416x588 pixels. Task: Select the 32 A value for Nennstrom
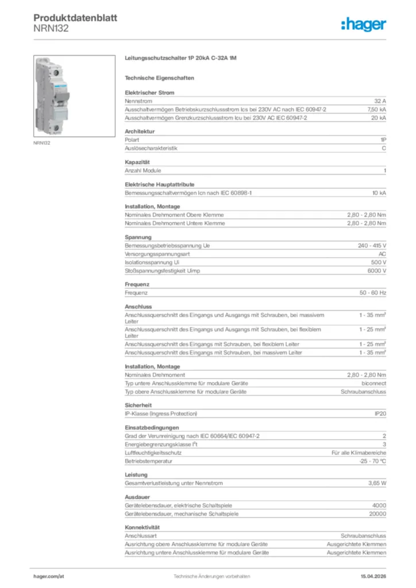[380, 100]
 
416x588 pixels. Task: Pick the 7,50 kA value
[376, 109]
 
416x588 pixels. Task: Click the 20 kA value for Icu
[378, 118]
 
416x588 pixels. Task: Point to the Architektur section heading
[140, 131]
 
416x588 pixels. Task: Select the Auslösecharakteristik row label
[151, 148]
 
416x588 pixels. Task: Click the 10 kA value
[378, 192]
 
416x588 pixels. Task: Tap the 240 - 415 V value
[372, 245]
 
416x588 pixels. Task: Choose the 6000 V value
[376, 270]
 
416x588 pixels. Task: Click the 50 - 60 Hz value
[372, 293]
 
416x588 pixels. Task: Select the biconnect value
[374, 383]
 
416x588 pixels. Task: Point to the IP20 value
[380, 413]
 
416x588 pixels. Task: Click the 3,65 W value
[377, 483]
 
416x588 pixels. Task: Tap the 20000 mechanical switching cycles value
[377, 514]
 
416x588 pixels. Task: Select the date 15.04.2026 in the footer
[373, 576]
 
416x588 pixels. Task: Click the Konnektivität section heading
[142, 527]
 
